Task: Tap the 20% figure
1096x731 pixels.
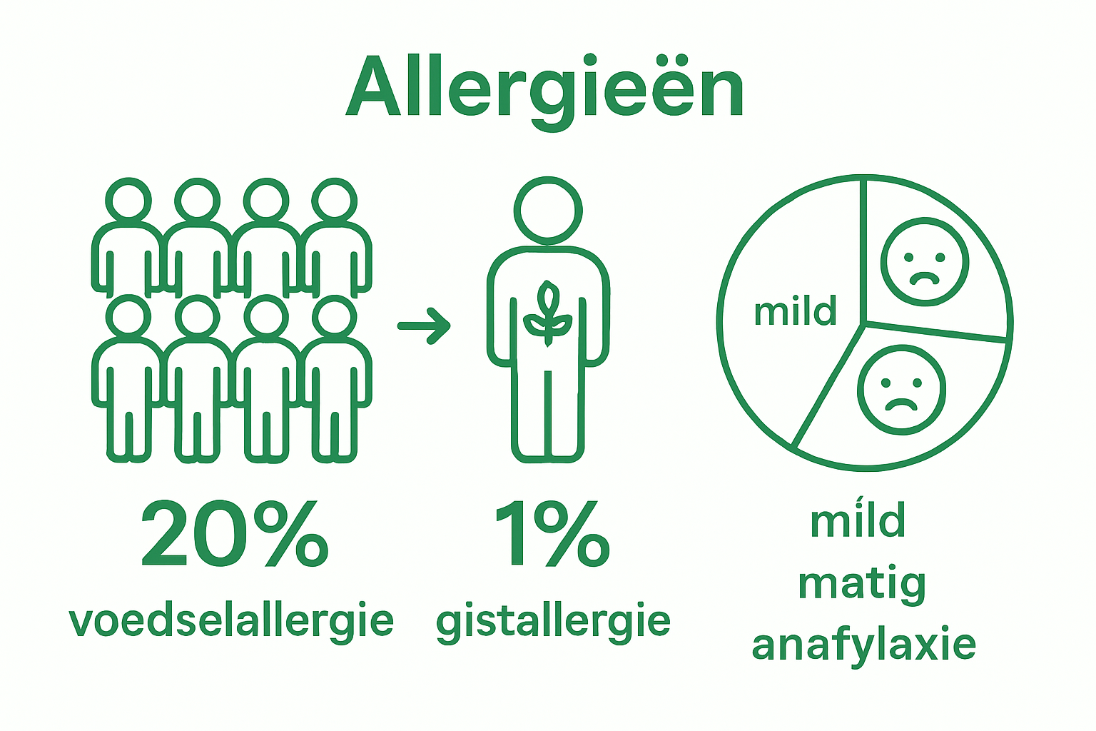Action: (x=235, y=534)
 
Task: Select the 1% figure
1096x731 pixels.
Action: (x=552, y=534)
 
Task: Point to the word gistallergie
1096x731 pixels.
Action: (x=553, y=621)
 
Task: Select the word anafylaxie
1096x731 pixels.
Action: (x=864, y=645)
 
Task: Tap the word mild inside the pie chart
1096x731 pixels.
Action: (x=795, y=312)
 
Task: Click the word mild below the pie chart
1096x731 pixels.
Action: (x=858, y=520)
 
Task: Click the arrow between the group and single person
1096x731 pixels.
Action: (x=425, y=326)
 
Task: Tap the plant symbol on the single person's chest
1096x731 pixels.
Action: (x=547, y=314)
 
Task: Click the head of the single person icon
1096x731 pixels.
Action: (x=548, y=208)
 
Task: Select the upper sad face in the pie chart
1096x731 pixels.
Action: (x=925, y=261)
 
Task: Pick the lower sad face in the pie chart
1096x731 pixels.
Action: (x=902, y=389)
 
